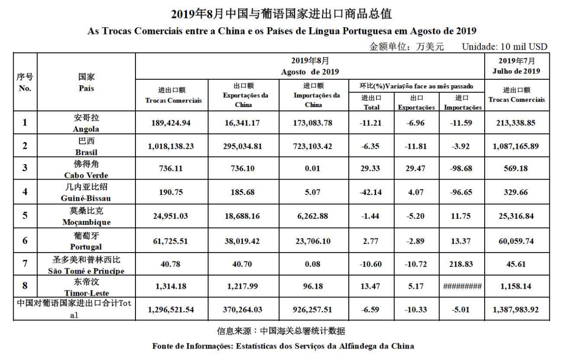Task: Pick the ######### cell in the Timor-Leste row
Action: (x=462, y=287)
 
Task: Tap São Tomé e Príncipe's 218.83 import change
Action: (x=462, y=264)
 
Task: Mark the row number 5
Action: (x=25, y=216)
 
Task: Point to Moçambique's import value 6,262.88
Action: (x=312, y=216)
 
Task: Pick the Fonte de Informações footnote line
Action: (x=283, y=346)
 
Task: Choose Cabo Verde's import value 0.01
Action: (x=312, y=169)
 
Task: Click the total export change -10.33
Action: (x=416, y=310)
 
